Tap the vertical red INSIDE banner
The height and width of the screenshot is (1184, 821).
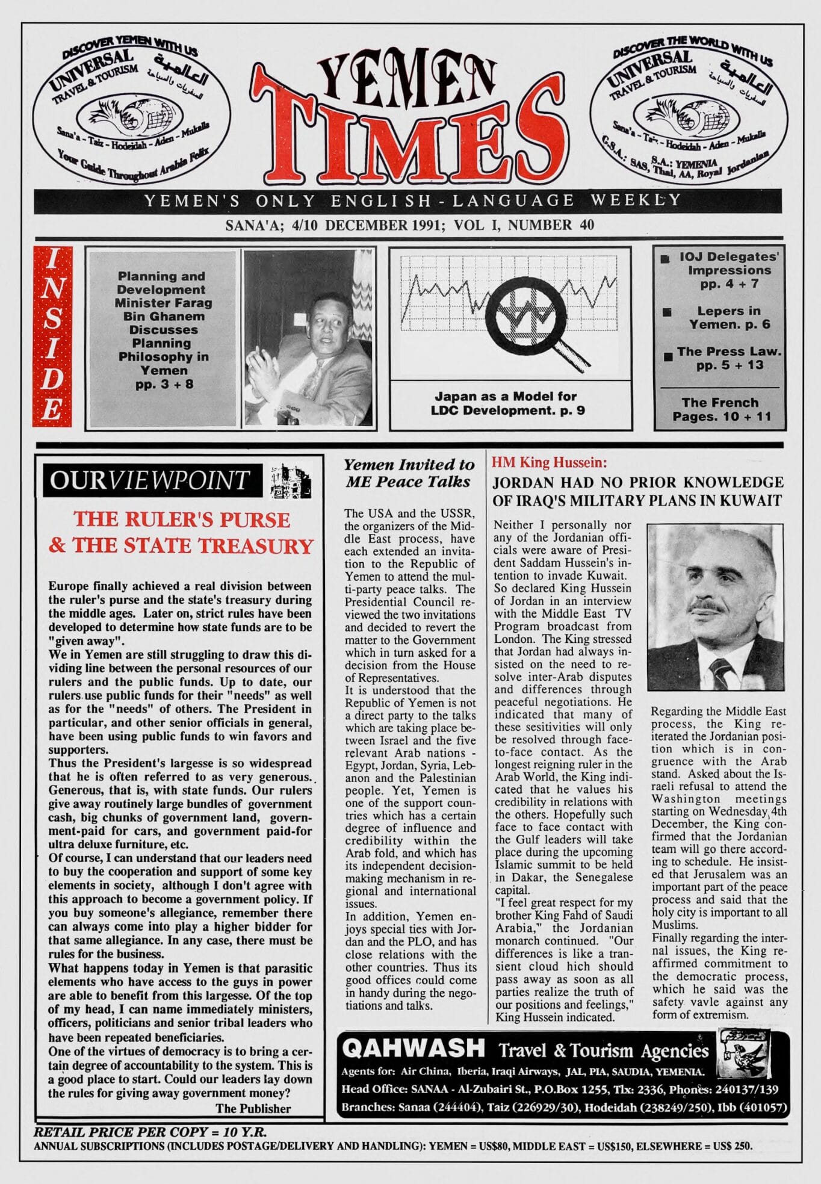click(52, 337)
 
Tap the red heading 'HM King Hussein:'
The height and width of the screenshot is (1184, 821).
click(549, 462)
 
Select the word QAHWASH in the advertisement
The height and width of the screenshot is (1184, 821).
click(413, 1048)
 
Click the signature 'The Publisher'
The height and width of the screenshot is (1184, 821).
click(253, 1108)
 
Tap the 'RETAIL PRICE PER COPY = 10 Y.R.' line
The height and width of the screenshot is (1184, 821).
click(150, 1132)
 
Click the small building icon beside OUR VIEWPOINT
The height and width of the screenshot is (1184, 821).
click(291, 480)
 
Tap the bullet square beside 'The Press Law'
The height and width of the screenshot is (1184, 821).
click(668, 357)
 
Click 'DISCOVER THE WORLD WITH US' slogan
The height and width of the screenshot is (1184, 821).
click(692, 48)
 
